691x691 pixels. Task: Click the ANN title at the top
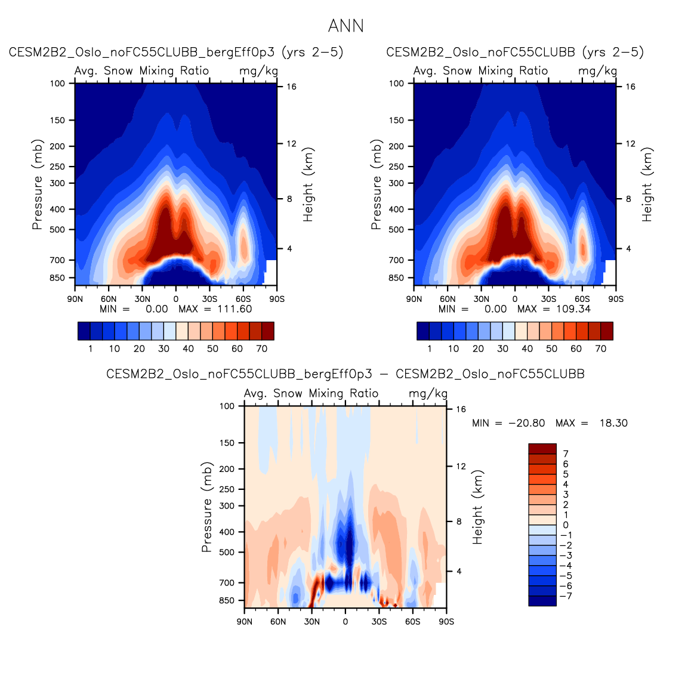click(x=345, y=26)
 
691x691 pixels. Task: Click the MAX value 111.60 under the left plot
click(x=235, y=309)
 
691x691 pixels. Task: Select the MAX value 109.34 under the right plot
click(x=573, y=309)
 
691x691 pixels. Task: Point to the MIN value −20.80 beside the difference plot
click(x=526, y=423)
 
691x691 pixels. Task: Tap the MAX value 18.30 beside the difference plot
click(x=613, y=423)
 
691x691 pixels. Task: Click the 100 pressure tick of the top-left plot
click(x=58, y=84)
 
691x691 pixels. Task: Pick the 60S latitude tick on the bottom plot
click(x=412, y=622)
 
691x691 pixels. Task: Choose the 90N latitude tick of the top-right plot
click(x=414, y=299)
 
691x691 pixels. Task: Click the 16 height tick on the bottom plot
click(x=461, y=409)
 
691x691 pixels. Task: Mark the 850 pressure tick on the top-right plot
click(x=397, y=278)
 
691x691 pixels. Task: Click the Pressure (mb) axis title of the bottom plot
click(x=206, y=507)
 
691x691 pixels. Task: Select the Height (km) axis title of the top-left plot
click(x=308, y=185)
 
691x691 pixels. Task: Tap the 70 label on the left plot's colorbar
click(x=261, y=349)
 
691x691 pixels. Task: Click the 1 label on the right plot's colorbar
click(x=430, y=349)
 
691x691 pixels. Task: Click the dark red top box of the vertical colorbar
click(x=542, y=449)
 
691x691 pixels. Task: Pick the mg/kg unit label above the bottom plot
click(x=428, y=394)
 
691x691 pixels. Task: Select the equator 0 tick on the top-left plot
click(x=176, y=299)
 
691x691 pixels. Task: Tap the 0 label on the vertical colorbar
click(x=566, y=525)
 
